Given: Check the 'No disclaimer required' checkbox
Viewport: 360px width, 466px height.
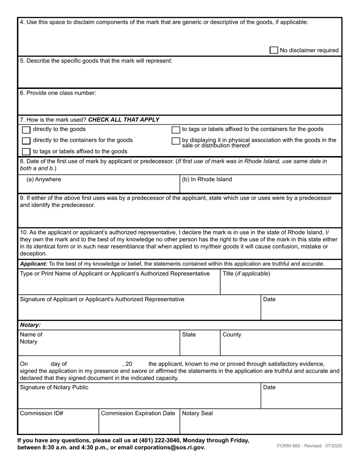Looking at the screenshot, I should tap(274, 50).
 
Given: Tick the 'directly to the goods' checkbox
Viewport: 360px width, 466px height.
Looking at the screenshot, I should tap(26, 130).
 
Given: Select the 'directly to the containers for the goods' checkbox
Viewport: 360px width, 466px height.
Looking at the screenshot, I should tap(26, 141).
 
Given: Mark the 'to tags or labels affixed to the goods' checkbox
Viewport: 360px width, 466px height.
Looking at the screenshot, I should tap(26, 152).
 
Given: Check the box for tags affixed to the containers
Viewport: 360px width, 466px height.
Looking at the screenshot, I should tap(176, 130).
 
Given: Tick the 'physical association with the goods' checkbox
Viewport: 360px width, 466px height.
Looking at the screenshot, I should tap(176, 141).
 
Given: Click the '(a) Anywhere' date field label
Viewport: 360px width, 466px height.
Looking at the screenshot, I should tap(44, 179).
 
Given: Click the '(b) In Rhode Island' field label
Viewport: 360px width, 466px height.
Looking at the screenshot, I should tap(207, 179).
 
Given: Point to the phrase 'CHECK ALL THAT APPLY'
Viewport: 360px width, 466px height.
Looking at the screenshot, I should tap(124, 120).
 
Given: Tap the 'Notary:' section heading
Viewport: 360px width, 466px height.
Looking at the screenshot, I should tap(30, 325).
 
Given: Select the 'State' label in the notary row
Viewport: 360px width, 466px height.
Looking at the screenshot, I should tap(189, 335).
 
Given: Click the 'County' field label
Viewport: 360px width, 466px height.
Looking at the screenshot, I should tap(232, 335).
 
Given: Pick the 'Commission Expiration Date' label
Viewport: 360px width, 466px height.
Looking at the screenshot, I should tap(138, 413).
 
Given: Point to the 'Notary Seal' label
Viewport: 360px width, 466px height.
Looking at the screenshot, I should tap(197, 413).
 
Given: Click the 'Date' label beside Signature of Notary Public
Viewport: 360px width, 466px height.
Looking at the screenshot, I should tap(269, 387).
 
